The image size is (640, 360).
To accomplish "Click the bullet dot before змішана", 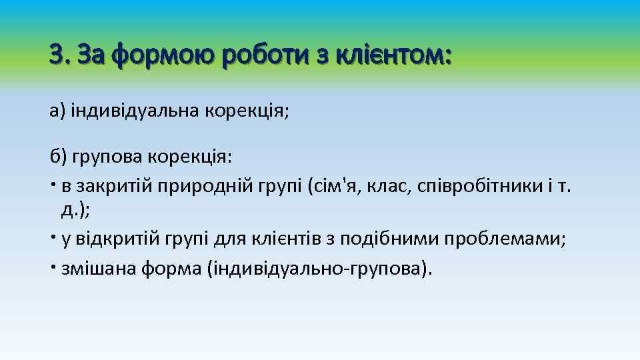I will pos(53,266).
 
